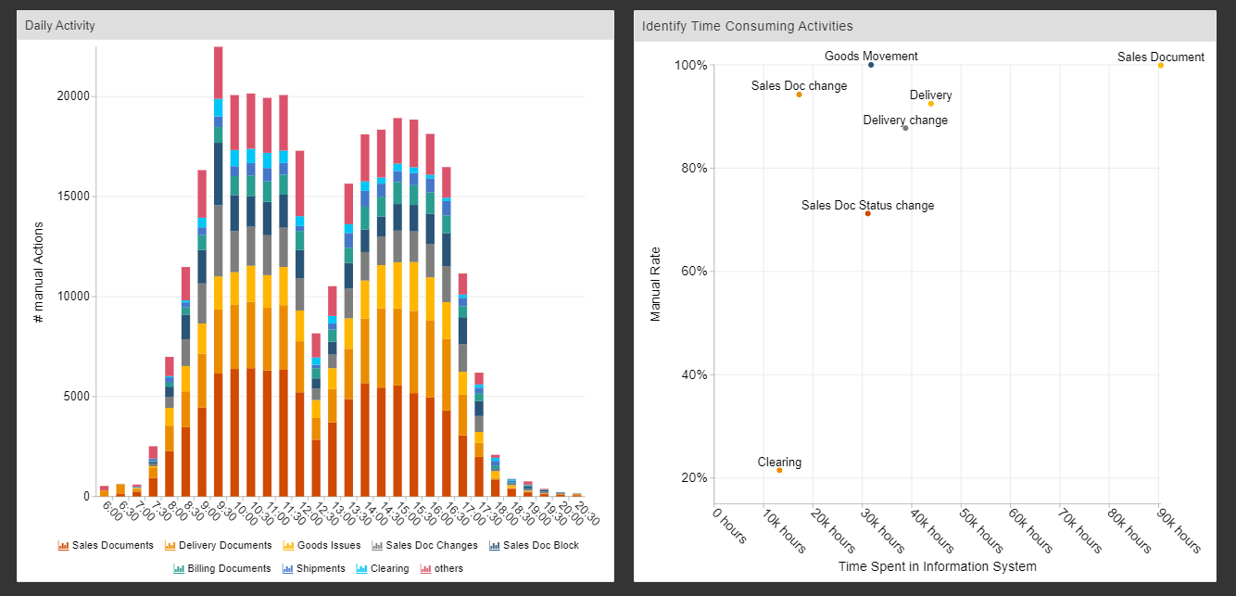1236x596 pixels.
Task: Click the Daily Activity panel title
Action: (x=60, y=26)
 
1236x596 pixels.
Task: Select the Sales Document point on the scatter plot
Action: (x=1160, y=65)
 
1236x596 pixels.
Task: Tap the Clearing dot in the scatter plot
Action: (x=779, y=470)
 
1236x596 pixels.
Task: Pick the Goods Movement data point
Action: (x=871, y=65)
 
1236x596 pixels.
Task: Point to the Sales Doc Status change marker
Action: (x=867, y=214)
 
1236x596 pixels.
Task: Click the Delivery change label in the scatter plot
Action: (x=905, y=120)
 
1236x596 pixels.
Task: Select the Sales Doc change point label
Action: (x=799, y=86)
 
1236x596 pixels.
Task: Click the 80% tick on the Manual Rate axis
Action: (x=690, y=169)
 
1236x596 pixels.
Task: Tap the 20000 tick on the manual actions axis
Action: (x=70, y=96)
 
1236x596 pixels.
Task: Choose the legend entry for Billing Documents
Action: (x=222, y=568)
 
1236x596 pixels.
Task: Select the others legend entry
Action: (x=442, y=568)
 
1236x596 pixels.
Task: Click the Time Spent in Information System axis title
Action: (x=937, y=566)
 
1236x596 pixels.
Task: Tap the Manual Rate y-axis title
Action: (x=656, y=284)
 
